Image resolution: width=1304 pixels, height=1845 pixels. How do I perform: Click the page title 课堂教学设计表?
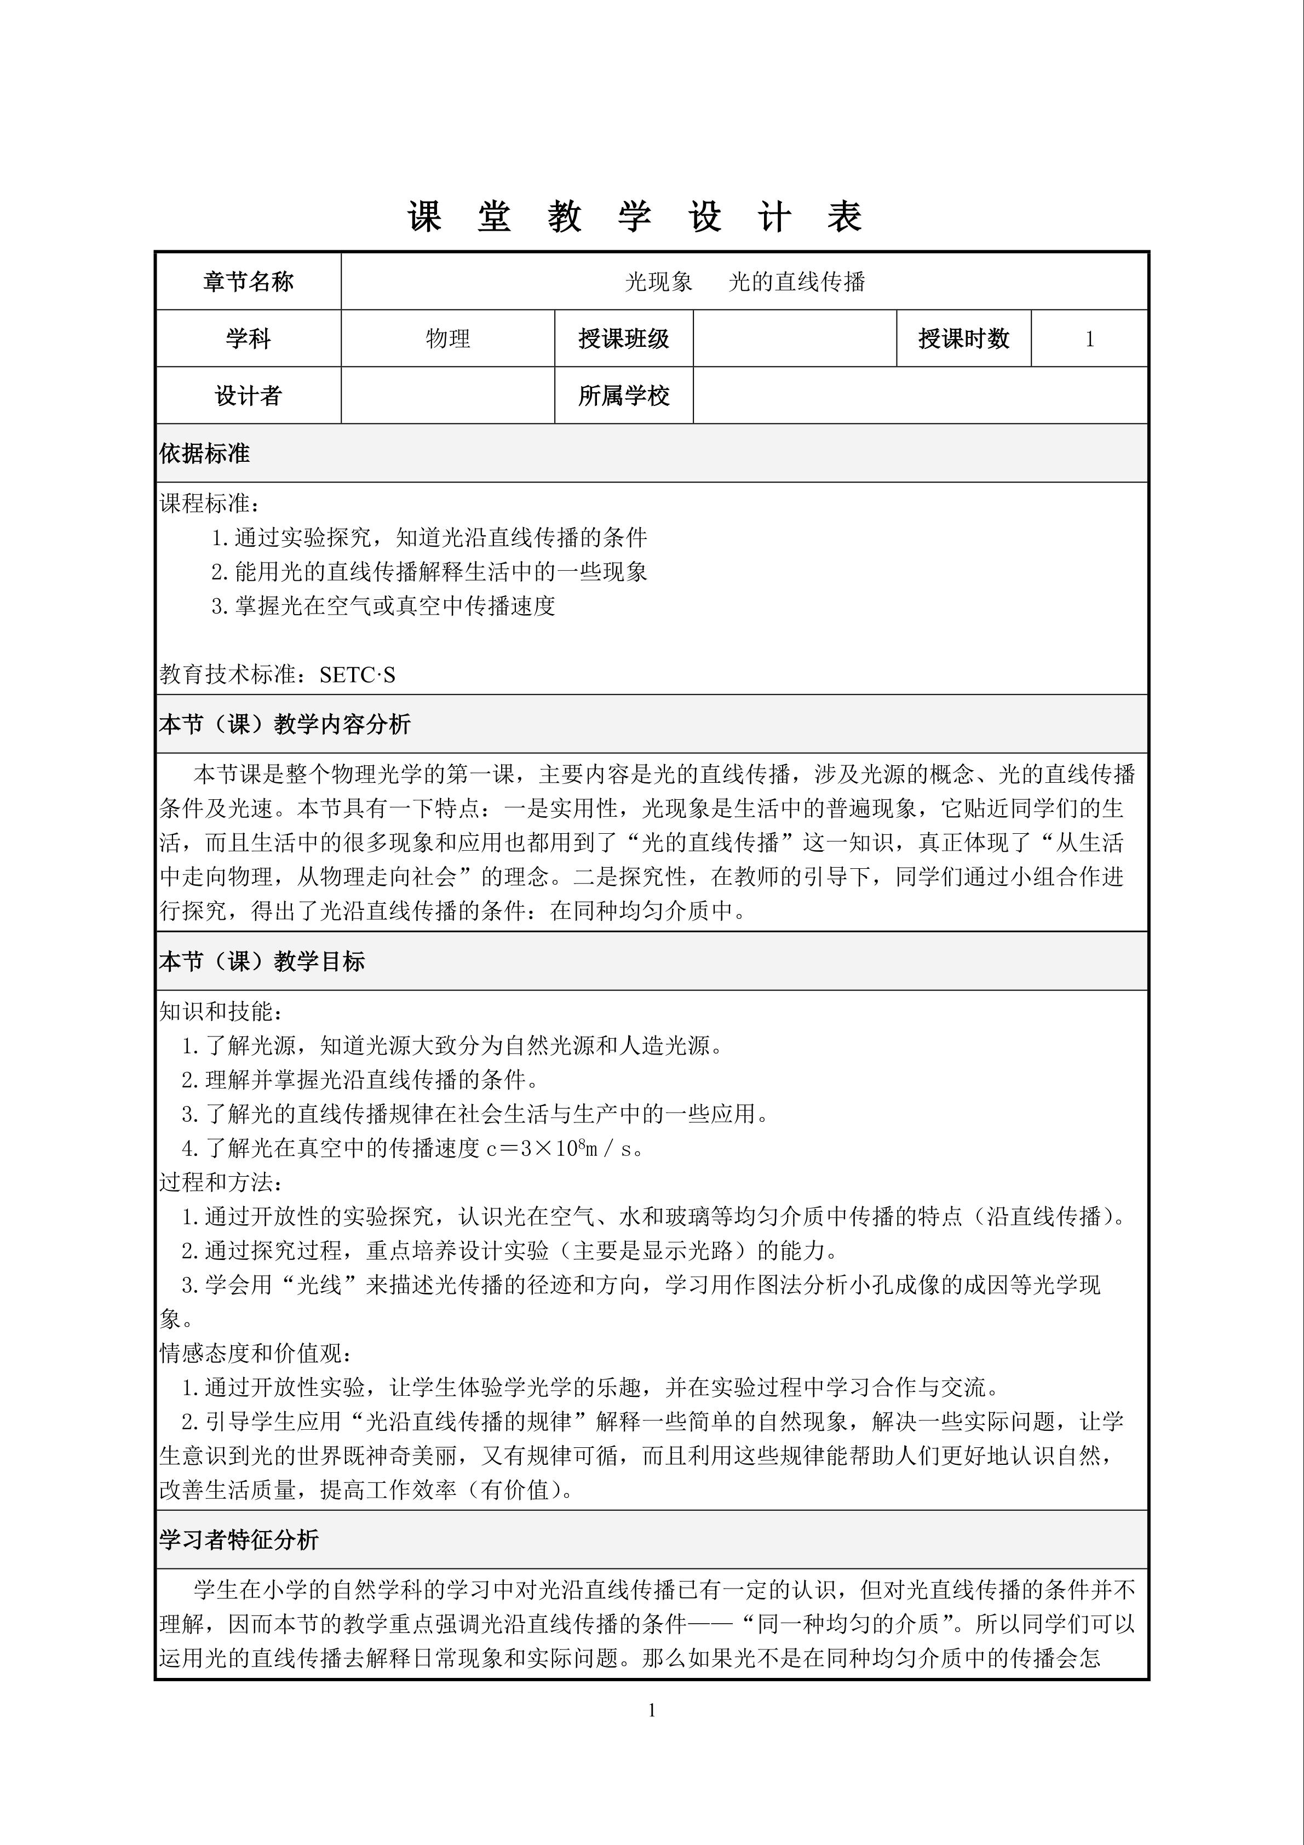pos(635,217)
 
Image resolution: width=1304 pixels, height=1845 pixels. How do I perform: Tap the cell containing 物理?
pos(447,339)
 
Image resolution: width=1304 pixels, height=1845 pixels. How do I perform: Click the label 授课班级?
pos(623,339)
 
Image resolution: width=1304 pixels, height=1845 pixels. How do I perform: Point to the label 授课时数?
pos(963,339)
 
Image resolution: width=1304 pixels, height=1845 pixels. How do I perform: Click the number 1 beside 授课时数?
pos(1089,339)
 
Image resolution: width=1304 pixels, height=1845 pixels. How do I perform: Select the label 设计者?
pos(248,396)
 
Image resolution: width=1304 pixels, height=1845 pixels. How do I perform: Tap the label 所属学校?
pos(623,396)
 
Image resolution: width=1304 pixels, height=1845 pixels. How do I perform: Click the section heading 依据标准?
pos(205,454)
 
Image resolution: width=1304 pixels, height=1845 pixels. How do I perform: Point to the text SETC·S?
pos(358,675)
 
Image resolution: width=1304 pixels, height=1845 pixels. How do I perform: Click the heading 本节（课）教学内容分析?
pos(285,725)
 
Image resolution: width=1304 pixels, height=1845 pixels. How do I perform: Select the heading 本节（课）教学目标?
pos(262,962)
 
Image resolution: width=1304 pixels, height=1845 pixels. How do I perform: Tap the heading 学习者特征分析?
pos(239,1540)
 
